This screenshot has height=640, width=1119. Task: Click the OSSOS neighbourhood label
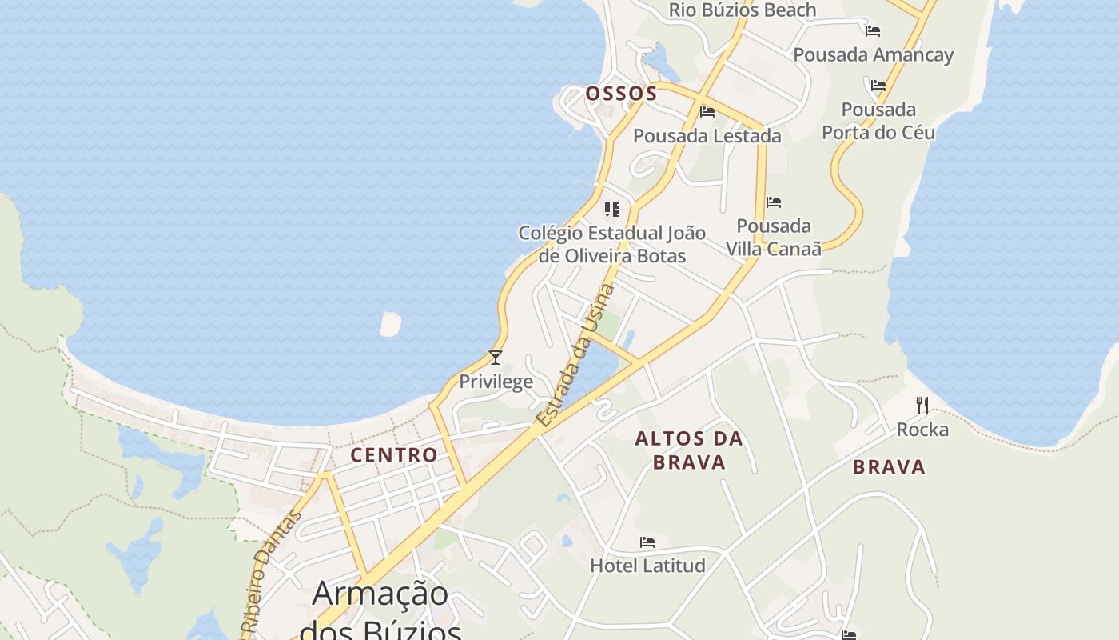coord(621,94)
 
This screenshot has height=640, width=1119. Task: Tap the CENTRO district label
coord(394,455)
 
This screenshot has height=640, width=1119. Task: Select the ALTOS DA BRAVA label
coord(689,450)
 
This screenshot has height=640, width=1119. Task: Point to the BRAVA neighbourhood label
coord(889,467)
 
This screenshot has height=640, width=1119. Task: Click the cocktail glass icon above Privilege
coord(496,358)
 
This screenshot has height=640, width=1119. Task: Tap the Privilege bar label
coord(496,382)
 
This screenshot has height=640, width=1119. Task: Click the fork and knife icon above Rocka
coord(922,406)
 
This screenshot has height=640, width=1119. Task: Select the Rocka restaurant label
coord(922,430)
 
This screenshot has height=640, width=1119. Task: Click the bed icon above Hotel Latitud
coord(647,542)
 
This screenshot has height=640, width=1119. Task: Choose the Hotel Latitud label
coord(647,566)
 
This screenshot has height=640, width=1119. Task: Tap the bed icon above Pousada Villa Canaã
coord(773,202)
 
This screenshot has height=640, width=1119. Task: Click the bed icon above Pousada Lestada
coord(707,112)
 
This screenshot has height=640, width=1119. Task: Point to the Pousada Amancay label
coord(873,55)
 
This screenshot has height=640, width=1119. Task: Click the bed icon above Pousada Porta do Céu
coord(878,85)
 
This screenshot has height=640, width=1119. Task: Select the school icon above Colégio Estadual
coord(612,210)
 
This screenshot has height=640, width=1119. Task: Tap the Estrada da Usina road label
coord(575,355)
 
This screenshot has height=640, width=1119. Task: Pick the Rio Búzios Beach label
coord(742,10)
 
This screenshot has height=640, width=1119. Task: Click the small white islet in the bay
coord(390,324)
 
